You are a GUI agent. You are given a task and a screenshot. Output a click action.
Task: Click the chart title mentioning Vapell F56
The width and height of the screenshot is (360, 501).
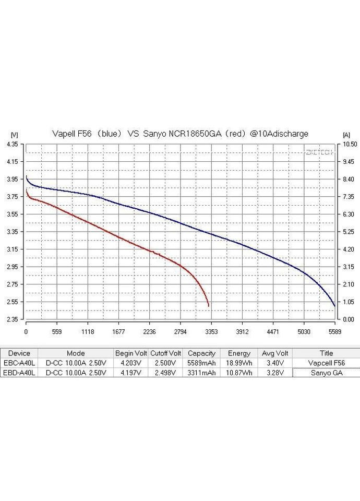[180, 134]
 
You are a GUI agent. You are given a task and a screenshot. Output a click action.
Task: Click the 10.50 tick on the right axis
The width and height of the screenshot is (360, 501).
[349, 144]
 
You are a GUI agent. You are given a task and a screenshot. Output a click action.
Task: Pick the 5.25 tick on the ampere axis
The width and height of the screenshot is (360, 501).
[349, 232]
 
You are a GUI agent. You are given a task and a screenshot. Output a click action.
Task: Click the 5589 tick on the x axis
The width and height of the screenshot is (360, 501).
[334, 331]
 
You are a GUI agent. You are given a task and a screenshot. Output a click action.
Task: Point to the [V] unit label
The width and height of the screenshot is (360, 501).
[14, 135]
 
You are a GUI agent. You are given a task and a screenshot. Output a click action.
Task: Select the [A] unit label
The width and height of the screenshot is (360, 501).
[346, 135]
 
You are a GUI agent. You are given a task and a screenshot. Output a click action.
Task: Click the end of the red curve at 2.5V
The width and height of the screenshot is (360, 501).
[209, 306]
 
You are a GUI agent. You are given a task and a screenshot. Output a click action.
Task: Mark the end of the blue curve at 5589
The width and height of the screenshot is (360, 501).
[334, 306]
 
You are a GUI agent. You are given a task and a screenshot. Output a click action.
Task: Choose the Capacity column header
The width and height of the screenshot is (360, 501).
[201, 353]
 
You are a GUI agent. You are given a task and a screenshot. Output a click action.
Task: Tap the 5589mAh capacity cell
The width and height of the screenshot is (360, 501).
[201, 363]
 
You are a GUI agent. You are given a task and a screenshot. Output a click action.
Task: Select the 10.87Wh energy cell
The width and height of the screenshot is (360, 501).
[239, 373]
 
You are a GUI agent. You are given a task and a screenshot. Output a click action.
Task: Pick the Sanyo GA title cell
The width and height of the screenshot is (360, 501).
[326, 373]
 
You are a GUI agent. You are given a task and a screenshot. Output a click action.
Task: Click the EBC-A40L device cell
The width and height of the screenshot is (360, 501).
[19, 363]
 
